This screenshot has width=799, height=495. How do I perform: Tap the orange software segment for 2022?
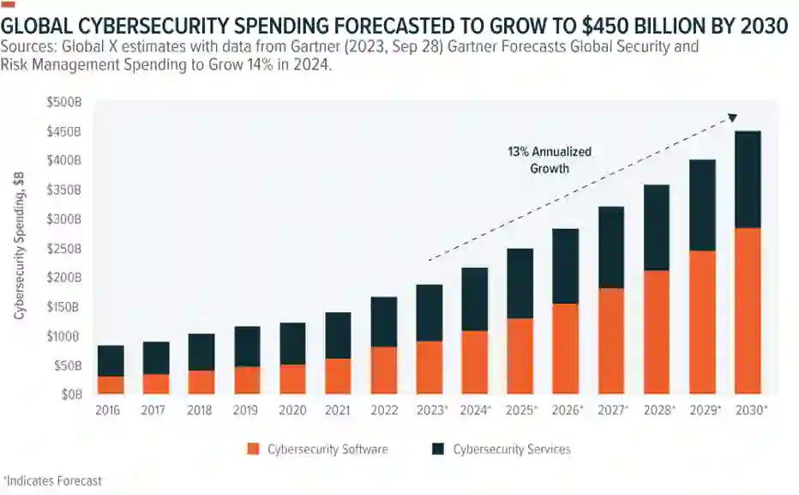tap(384, 370)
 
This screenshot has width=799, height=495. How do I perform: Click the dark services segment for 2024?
tap(475, 299)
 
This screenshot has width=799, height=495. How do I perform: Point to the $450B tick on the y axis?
tap(65, 132)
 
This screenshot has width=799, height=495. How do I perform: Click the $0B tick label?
tap(70, 395)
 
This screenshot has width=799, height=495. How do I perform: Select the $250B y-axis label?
tap(65, 249)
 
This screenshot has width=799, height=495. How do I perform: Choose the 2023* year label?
tap(431, 411)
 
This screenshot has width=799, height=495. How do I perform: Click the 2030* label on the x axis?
tap(749, 411)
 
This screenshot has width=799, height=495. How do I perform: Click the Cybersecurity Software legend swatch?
tap(252, 449)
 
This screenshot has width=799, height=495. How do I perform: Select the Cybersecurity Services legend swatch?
tap(437, 449)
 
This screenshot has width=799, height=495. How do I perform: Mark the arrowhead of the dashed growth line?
tap(732, 118)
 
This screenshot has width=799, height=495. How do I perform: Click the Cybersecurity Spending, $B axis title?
tap(19, 245)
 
